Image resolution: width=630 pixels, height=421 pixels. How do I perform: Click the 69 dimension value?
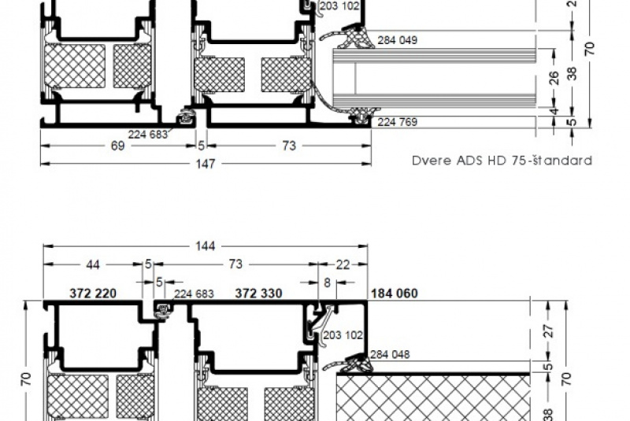pos(117,146)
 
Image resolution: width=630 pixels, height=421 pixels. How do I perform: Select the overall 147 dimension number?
pos(205,164)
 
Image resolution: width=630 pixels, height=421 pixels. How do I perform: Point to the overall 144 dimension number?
pos(205,246)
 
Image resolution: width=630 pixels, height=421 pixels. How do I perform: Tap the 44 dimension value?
pos(93,264)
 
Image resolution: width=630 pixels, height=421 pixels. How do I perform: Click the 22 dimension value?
pos(343,264)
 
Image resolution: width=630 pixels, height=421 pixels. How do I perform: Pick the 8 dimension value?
pos(327,283)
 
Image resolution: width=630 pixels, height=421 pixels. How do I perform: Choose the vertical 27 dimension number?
pos(548,331)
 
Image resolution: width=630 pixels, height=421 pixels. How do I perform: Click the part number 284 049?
pos(398,40)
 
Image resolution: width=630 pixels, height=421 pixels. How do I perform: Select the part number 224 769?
pos(398,122)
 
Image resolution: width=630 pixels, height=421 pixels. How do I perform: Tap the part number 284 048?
pos(390,354)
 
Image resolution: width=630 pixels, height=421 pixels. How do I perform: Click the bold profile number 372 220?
pos(93,294)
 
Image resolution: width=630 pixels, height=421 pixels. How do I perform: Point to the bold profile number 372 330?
pos(258,294)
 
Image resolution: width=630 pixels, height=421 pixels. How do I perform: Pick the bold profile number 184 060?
pos(395,294)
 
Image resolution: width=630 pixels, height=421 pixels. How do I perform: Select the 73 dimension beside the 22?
pos(235,264)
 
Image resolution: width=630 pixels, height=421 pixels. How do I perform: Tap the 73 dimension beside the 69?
pos(289,146)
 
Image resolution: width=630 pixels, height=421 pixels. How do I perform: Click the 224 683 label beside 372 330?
pos(194,294)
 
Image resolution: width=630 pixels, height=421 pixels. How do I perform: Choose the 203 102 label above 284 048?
pos(343,335)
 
